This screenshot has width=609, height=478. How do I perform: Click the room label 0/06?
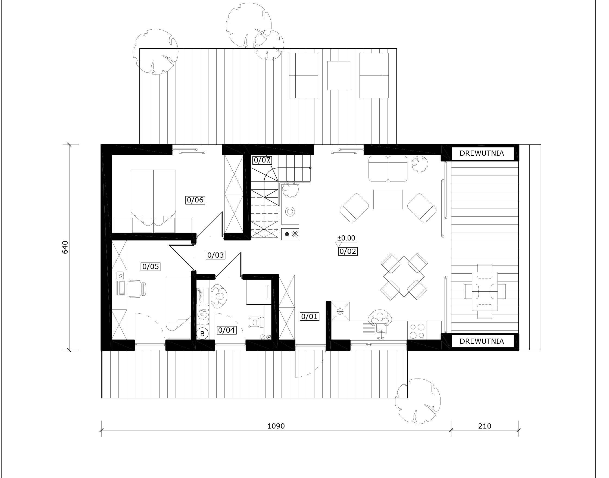click(195, 200)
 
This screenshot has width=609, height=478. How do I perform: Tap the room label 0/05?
click(151, 266)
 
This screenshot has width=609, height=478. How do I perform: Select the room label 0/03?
click(216, 255)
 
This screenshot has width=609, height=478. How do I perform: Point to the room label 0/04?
click(226, 330)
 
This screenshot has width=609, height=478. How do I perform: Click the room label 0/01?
click(309, 317)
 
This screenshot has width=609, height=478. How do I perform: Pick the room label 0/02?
click(348, 251)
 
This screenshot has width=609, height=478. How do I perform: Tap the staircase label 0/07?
click(262, 160)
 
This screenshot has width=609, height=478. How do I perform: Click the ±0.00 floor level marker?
click(346, 238)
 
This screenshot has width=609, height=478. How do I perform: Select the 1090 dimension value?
click(276, 426)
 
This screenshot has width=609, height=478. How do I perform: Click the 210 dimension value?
click(485, 426)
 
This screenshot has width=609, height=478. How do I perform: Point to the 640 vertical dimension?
click(65, 247)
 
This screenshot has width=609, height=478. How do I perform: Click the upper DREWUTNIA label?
click(482, 153)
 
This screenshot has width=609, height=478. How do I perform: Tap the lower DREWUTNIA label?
click(482, 341)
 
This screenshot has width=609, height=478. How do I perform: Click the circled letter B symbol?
click(202, 334)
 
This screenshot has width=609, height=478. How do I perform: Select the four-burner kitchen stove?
click(417, 330)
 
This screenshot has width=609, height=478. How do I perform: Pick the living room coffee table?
click(388, 199)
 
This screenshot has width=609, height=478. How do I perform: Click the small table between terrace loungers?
click(339, 76)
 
